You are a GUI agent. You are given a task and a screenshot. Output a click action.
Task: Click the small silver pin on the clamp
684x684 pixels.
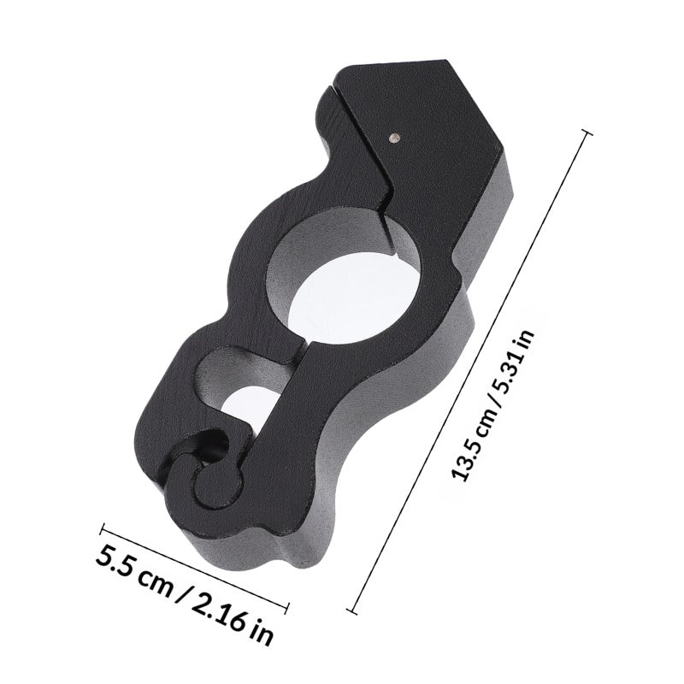(395, 138)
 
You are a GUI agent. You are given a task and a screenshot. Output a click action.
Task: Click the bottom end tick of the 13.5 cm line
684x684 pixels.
(351, 610)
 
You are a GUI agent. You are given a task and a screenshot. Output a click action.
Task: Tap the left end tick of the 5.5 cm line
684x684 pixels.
(103, 528)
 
